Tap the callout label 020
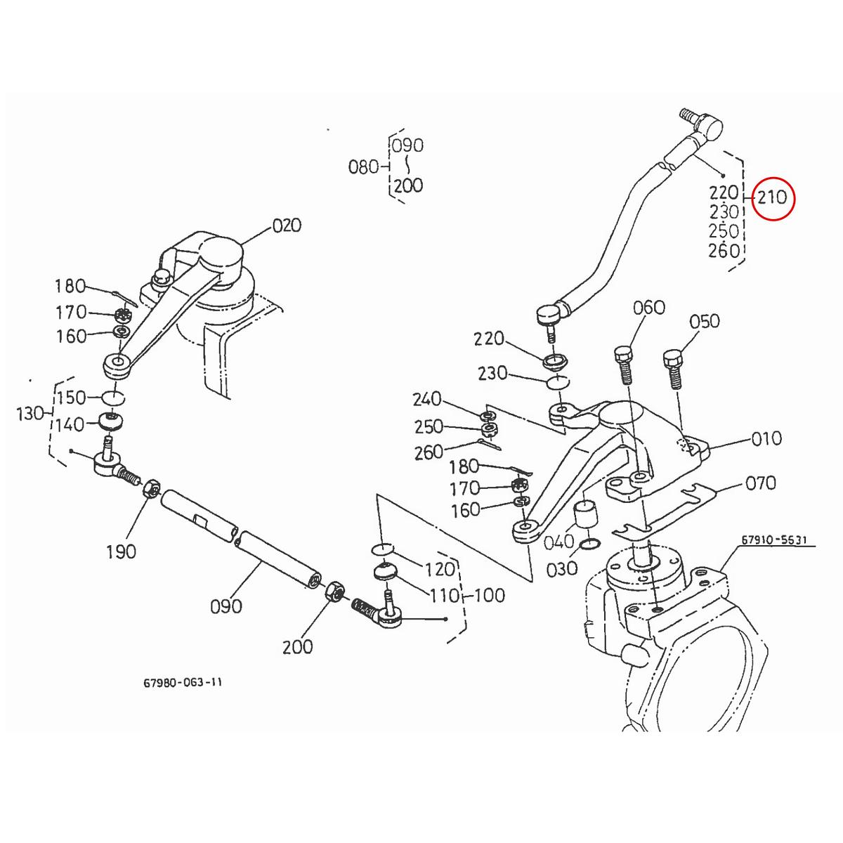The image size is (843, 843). click(x=287, y=226)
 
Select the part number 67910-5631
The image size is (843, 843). click(x=775, y=541)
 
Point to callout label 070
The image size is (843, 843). click(x=761, y=483)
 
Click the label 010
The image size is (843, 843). click(x=766, y=438)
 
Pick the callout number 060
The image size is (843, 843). click(x=648, y=307)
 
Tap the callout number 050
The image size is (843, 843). click(x=704, y=321)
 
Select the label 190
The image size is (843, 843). click(x=121, y=551)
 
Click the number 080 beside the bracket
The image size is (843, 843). click(x=363, y=167)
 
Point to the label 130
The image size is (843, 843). click(x=30, y=414)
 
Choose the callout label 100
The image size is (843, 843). click(x=490, y=596)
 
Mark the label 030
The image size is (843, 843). click(x=562, y=568)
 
